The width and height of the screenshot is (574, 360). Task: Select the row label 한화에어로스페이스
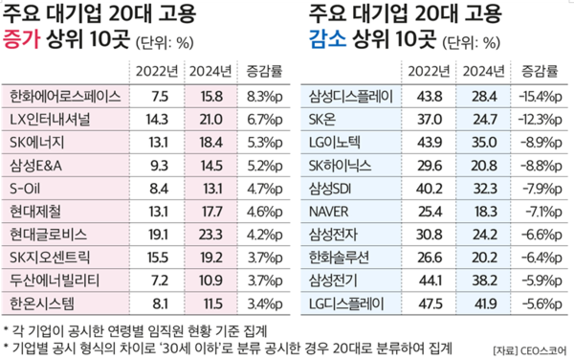tap(63, 96)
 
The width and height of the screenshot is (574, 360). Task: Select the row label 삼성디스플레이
tap(350, 96)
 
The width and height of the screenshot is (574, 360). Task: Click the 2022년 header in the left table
tap(155, 72)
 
